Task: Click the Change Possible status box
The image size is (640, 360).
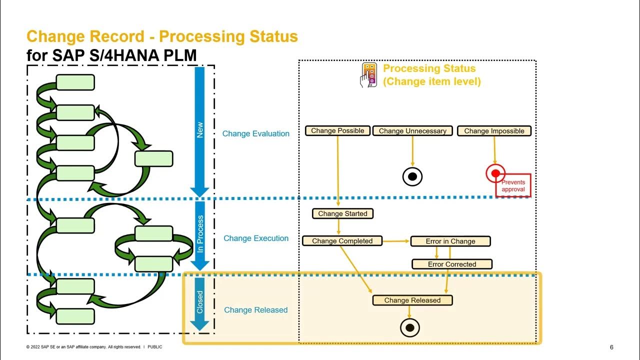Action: pyautogui.click(x=337, y=130)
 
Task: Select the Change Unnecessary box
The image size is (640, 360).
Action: pyautogui.click(x=412, y=131)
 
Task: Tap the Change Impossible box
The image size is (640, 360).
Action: pyautogui.click(x=494, y=131)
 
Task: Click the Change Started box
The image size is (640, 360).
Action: pyautogui.click(x=342, y=213)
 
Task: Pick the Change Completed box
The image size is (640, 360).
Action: pyautogui.click(x=342, y=241)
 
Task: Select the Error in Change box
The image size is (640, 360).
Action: pyautogui.click(x=450, y=241)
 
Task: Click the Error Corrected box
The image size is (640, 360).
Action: pyautogui.click(x=451, y=264)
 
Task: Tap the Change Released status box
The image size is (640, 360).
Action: pyautogui.click(x=412, y=300)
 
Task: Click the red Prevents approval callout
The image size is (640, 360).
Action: pyautogui.click(x=513, y=186)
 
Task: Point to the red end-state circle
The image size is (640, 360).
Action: pyautogui.click(x=495, y=173)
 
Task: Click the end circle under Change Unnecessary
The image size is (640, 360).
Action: pyautogui.click(x=412, y=176)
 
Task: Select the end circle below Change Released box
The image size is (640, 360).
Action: pyautogui.click(x=410, y=328)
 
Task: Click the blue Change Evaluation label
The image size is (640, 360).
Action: pyautogui.click(x=255, y=133)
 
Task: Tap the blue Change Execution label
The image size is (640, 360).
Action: pyautogui.click(x=255, y=238)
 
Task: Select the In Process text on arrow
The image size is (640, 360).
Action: pyautogui.click(x=200, y=233)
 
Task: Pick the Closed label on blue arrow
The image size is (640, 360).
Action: pyautogui.click(x=200, y=302)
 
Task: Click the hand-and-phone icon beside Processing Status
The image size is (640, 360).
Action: pyautogui.click(x=368, y=75)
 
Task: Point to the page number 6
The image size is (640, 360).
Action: pyautogui.click(x=611, y=347)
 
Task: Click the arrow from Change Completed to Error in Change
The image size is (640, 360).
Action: pyautogui.click(x=396, y=241)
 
